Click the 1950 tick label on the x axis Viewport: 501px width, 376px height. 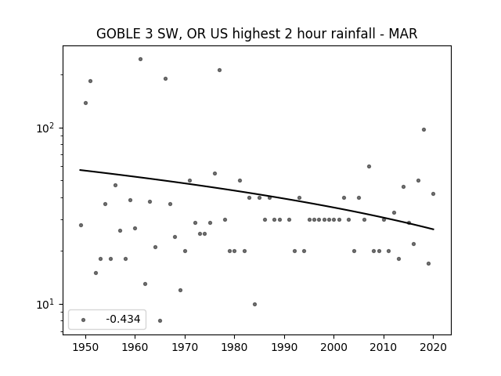pos(85,347)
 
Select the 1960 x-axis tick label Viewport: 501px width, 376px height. pos(135,347)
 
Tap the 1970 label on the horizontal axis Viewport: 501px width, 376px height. pos(185,347)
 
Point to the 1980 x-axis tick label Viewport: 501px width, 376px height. pos(234,347)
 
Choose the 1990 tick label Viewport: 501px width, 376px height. pos(284,347)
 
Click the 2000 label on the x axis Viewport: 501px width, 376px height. pos(334,347)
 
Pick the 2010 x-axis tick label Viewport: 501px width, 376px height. pos(384,347)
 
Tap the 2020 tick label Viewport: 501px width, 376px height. pos(433,347)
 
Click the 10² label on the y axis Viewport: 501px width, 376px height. pos(45,128)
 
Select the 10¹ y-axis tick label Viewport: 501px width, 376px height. pos(45,304)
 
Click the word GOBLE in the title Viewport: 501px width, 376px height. pos(118,34)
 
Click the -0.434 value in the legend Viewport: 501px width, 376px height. pos(123,319)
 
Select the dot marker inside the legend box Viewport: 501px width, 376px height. pos(84,320)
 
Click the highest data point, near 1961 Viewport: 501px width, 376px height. pos(140,60)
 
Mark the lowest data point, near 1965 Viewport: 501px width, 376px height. pos(160,320)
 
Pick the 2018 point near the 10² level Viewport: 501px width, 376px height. pos(424,129)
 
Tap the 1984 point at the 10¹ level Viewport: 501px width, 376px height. pos(254,304)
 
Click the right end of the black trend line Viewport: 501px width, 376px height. pos(434,230)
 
